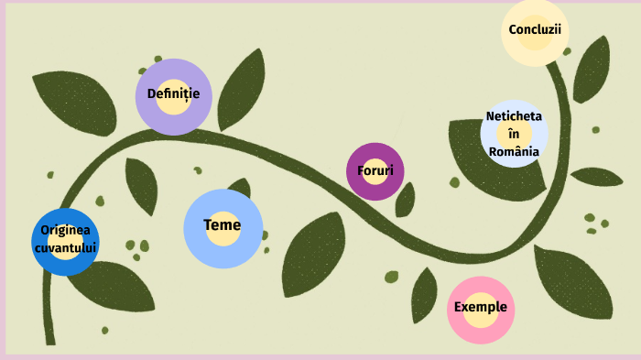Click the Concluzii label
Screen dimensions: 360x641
point(535,29)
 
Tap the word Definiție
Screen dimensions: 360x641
point(173,93)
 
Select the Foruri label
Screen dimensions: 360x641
point(375,170)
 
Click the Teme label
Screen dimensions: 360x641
point(223,225)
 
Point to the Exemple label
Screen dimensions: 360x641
point(481,308)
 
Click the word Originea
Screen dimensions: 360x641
point(66,231)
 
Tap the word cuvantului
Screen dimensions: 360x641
point(66,247)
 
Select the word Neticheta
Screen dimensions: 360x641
point(514,116)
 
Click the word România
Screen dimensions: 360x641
point(514,151)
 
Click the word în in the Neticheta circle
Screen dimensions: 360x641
point(514,134)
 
